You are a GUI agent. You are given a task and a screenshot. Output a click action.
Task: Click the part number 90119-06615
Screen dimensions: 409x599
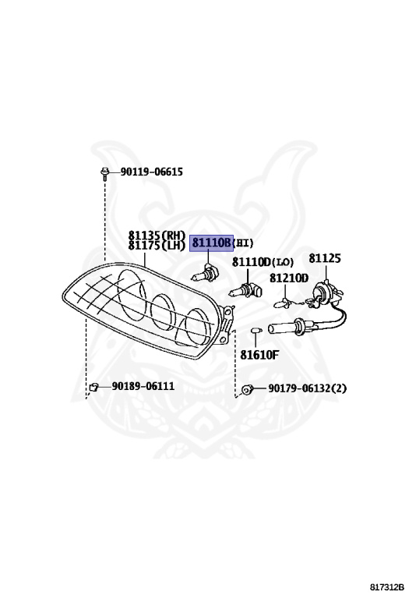pos(151,172)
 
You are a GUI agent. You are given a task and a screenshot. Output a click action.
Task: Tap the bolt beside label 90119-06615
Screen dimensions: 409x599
pos(104,174)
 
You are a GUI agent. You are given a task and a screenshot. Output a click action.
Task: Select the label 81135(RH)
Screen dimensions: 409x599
pos(157,235)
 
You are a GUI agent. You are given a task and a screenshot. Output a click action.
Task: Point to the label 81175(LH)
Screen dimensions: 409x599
pos(157,245)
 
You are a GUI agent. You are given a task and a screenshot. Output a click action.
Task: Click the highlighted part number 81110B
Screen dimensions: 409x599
pos(211,243)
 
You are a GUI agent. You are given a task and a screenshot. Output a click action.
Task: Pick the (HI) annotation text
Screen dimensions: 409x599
pos(242,243)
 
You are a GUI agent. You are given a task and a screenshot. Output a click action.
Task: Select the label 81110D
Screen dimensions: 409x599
pos(251,262)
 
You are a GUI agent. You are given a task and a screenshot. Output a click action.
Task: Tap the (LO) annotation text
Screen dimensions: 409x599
pos(282,262)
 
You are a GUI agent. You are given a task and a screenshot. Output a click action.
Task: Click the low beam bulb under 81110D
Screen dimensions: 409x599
pos(245,290)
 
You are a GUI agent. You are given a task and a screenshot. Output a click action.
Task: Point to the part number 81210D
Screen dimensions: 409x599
pos(289,278)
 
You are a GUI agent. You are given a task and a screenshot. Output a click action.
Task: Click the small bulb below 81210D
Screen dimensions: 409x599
pos(282,303)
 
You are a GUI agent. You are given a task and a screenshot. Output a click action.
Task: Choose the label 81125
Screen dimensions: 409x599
pos(325,258)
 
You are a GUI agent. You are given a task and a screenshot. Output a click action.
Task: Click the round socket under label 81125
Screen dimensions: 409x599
pos(323,295)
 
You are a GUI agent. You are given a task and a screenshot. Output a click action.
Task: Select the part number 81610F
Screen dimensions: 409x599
pos(259,355)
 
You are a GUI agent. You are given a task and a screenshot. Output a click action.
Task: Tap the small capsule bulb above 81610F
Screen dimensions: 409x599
pos(256,330)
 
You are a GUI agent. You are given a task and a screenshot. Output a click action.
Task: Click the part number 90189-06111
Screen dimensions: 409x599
pos(143,386)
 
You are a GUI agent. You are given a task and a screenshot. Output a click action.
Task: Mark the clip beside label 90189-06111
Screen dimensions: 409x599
pos(93,388)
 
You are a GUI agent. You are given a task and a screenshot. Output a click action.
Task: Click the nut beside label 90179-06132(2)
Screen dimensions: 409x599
pos(247,390)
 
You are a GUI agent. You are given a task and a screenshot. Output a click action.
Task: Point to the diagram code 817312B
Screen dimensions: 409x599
pos(386,587)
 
